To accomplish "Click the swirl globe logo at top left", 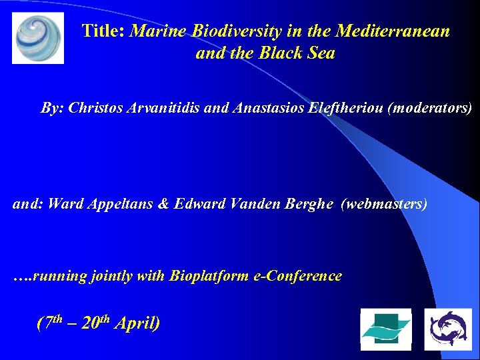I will click(x=38, y=38).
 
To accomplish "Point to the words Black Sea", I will click(x=300, y=53).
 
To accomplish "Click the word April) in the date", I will click(x=137, y=324).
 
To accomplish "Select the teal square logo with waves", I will click(x=385, y=329).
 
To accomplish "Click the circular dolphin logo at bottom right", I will click(x=448, y=329).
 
